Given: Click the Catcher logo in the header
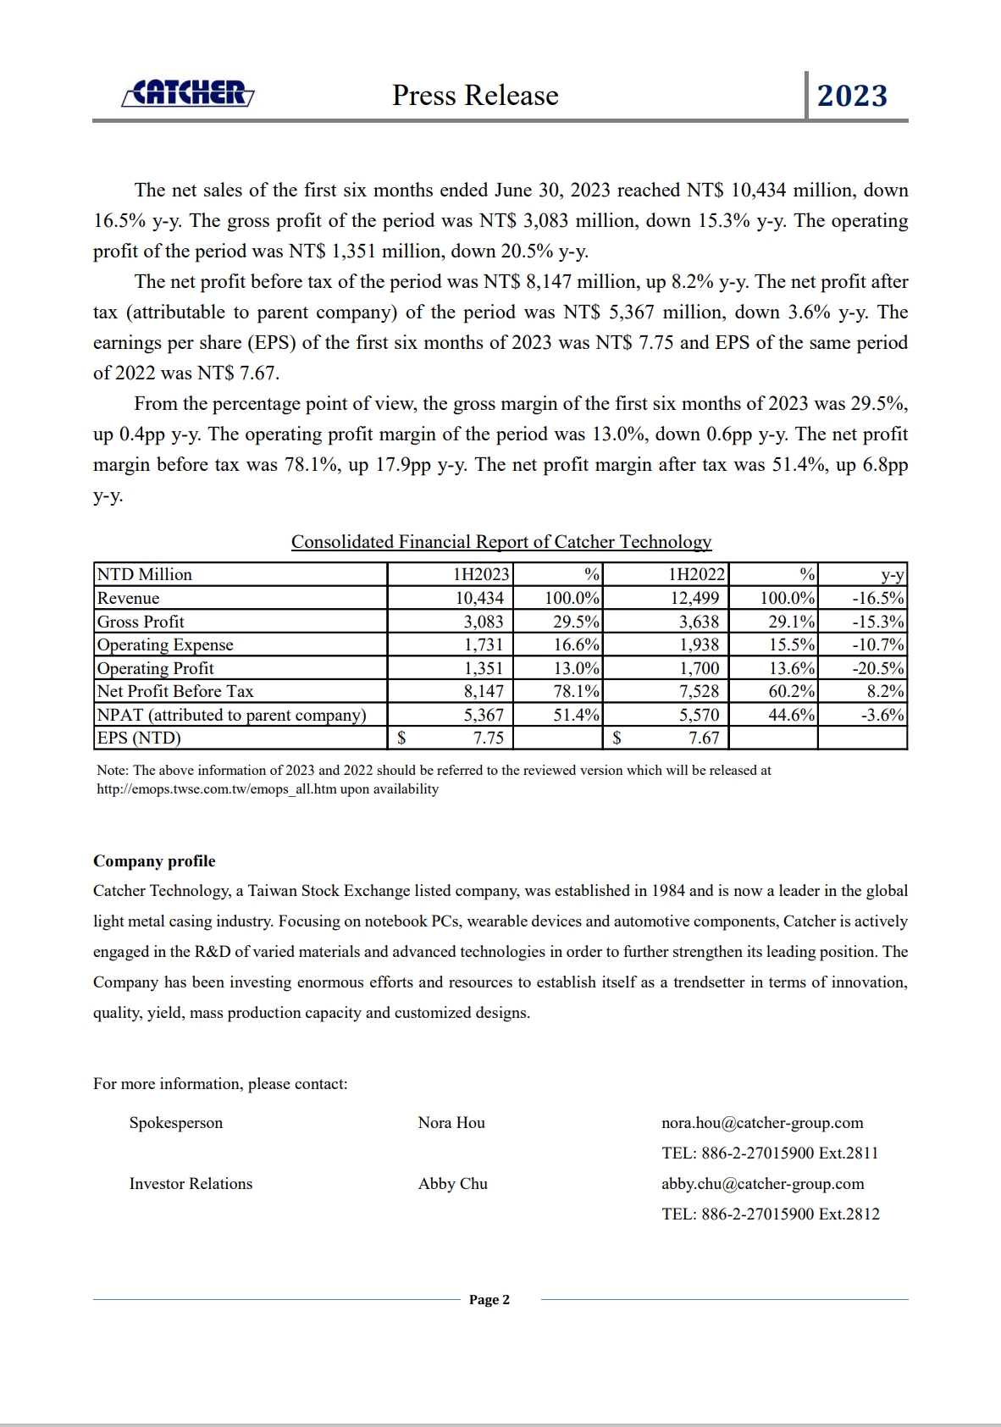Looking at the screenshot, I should tap(188, 93).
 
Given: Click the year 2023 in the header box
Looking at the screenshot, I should tap(852, 96).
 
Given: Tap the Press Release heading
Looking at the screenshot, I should tap(475, 96).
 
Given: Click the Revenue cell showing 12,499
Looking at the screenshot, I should tap(694, 598).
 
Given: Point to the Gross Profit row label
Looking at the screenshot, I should tap(141, 622).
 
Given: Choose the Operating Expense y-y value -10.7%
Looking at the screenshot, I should tap(878, 644).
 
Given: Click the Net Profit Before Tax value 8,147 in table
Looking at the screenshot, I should tap(484, 691).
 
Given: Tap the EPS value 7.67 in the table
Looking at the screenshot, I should tap(704, 738).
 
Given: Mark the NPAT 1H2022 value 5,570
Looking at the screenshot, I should tap(699, 715).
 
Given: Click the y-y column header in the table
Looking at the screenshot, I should tap(892, 574).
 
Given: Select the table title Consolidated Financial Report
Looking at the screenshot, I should tap(501, 542).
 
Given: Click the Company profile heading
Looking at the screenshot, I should tap(154, 861).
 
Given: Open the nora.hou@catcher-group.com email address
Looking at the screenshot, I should tap(762, 1123).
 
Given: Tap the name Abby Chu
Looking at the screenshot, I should tap(453, 1184).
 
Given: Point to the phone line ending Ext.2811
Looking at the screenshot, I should tap(770, 1153).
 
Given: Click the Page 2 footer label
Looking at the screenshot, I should tap(489, 1300).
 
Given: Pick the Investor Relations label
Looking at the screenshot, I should tap(191, 1184).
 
